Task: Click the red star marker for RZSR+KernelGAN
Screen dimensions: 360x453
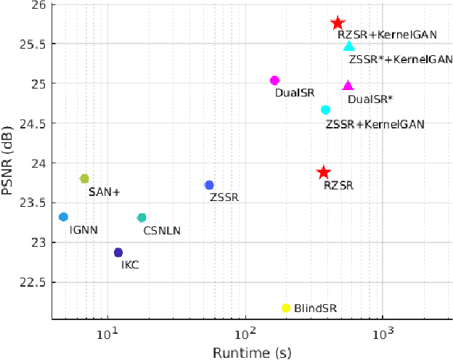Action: (338, 24)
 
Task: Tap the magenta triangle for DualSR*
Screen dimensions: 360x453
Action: (348, 86)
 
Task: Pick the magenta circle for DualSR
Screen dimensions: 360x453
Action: (274, 81)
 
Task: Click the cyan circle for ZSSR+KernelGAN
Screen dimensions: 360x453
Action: (325, 110)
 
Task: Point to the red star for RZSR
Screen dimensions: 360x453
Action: (324, 173)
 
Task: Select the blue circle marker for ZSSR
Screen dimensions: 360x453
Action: (209, 185)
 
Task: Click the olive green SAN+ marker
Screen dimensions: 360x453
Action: (84, 179)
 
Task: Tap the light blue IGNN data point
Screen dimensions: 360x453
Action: (63, 217)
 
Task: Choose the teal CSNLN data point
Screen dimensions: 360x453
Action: (142, 218)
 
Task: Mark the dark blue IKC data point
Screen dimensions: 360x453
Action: (118, 253)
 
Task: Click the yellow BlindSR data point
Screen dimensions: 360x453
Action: (285, 308)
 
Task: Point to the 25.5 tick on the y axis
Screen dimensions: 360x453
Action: (35, 44)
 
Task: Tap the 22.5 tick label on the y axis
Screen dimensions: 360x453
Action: (35, 282)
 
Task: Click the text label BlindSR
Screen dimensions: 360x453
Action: (315, 308)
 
